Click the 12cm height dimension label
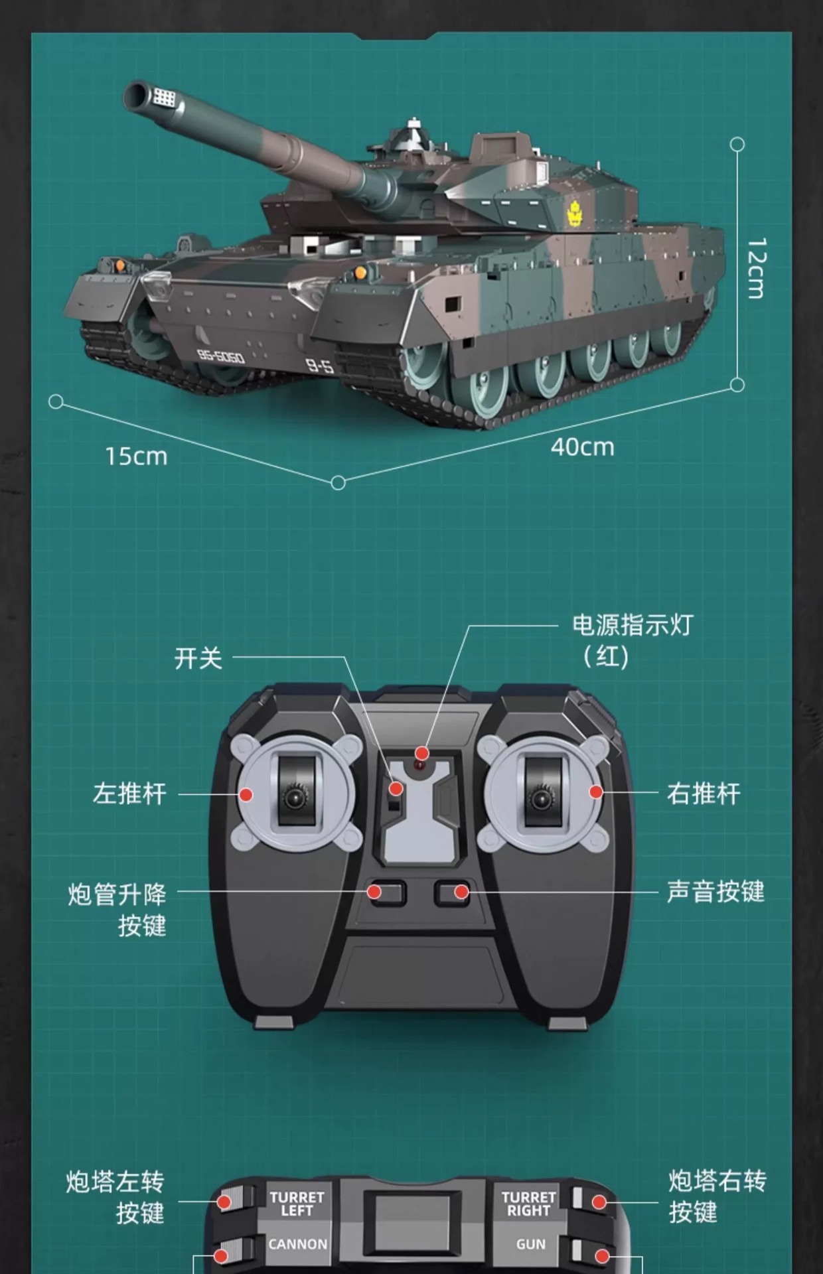[756, 268]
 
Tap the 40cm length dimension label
[582, 447]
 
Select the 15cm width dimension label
[136, 457]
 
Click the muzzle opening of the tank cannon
[137, 96]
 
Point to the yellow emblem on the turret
[574, 214]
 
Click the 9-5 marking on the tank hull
[319, 365]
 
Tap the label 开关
[198, 658]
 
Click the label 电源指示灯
[632, 625]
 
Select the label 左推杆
[129, 794]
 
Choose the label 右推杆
[704, 794]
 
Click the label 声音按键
[715, 892]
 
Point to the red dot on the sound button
[461, 892]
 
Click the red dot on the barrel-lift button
[374, 892]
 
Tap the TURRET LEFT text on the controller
[297, 1204]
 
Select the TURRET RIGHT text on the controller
[528, 1204]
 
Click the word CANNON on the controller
[297, 1244]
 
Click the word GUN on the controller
[530, 1245]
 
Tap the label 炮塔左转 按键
[115, 1196]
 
